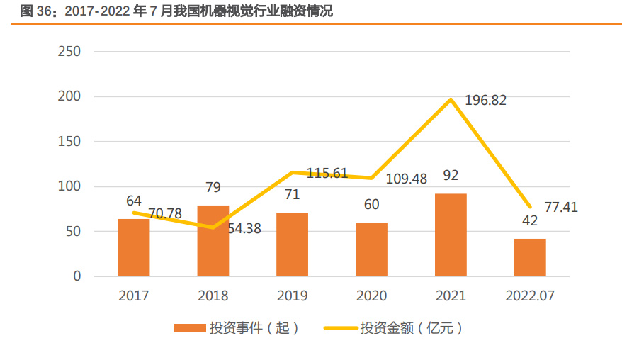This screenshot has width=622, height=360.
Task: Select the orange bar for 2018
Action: click(x=213, y=241)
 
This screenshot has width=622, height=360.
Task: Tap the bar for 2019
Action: click(x=292, y=244)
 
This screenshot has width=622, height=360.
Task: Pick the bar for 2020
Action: click(x=371, y=249)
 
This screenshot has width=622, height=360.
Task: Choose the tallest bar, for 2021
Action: click(x=451, y=235)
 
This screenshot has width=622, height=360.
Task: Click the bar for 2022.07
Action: click(x=530, y=257)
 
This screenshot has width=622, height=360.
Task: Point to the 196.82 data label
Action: click(x=485, y=101)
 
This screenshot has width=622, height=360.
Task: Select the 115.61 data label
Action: click(x=327, y=173)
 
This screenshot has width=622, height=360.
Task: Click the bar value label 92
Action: click(x=451, y=174)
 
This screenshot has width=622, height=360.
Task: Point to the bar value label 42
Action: click(x=530, y=220)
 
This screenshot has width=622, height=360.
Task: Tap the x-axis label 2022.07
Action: click(x=530, y=296)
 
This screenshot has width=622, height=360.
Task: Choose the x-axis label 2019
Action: click(x=292, y=296)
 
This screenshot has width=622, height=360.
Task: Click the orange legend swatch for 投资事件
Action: click(x=189, y=328)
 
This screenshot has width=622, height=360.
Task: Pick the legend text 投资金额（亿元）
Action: click(x=412, y=328)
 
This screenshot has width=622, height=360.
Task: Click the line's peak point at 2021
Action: click(x=451, y=99)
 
